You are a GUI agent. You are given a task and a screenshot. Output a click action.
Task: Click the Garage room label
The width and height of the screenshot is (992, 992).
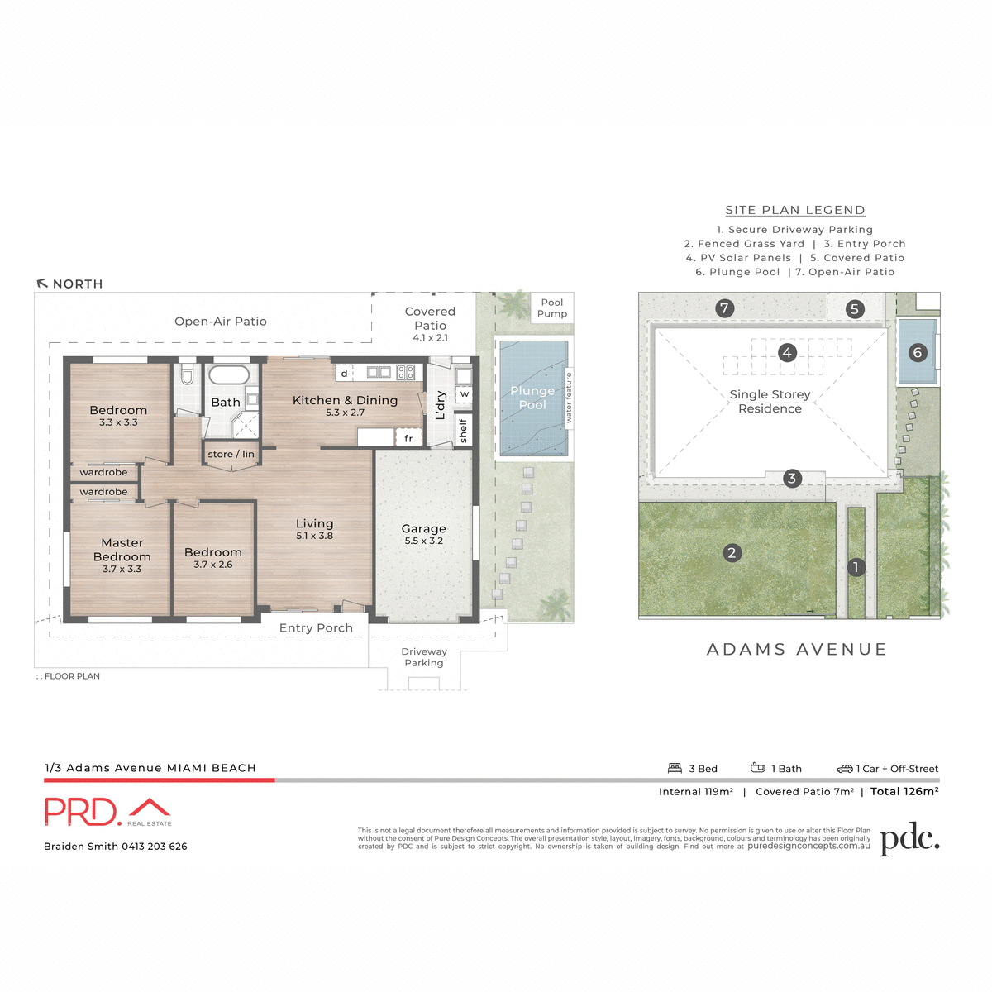pyautogui.click(x=423, y=529)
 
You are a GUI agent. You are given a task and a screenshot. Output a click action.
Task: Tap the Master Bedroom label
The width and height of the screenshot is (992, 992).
pyautogui.click(x=122, y=550)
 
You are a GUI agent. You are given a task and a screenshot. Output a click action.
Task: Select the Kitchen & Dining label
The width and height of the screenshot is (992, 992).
pyautogui.click(x=345, y=400)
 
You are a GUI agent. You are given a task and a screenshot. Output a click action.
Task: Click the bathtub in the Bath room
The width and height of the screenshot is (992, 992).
pyautogui.click(x=229, y=375)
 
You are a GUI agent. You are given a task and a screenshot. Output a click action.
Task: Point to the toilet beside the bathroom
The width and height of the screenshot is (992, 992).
pyautogui.click(x=187, y=376)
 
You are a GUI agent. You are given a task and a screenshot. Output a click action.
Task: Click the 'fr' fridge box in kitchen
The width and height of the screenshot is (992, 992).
pyautogui.click(x=408, y=438)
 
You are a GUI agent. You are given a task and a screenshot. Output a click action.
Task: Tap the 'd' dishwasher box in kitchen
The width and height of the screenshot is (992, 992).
pyautogui.click(x=345, y=374)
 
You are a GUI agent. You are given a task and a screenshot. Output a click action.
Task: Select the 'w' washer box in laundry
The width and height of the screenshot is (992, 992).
pyautogui.click(x=465, y=394)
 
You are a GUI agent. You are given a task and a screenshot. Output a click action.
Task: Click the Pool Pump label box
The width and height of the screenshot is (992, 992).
pyautogui.click(x=552, y=308)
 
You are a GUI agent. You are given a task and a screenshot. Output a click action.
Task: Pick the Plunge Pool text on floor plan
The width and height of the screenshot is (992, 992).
pyautogui.click(x=532, y=398)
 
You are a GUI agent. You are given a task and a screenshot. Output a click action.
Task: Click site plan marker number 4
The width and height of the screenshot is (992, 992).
pyautogui.click(x=787, y=353)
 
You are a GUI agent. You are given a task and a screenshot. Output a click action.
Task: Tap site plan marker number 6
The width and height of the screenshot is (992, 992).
pyautogui.click(x=917, y=353)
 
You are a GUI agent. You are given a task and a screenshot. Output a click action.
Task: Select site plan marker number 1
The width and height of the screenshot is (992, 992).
pyautogui.click(x=856, y=567)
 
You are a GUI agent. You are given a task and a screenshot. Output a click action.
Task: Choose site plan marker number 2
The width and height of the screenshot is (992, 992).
pyautogui.click(x=732, y=553)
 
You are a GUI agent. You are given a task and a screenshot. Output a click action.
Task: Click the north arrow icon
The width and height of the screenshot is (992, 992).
pyautogui.click(x=42, y=284)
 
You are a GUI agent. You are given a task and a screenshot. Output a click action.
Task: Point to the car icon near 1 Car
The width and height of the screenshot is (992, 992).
pyautogui.click(x=844, y=769)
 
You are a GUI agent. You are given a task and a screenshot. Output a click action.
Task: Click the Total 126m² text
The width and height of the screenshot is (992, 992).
pyautogui.click(x=904, y=791)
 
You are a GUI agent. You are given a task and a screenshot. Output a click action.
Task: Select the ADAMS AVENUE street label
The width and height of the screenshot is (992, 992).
pyautogui.click(x=797, y=650)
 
